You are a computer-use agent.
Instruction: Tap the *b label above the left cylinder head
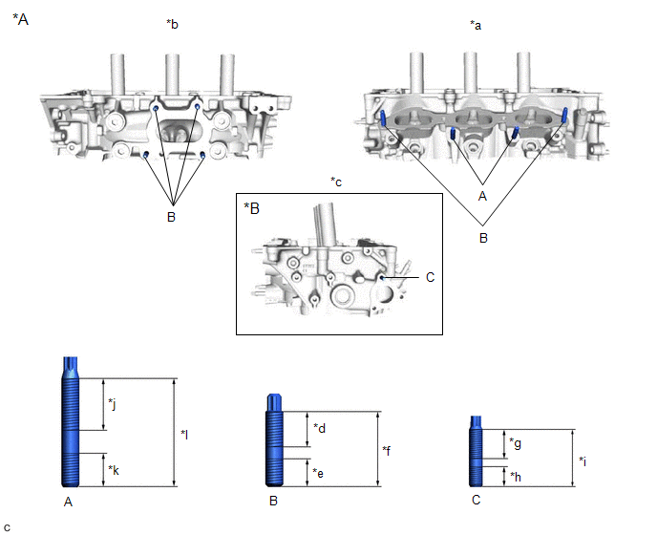point(173,26)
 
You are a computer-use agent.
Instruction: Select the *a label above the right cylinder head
point(476,26)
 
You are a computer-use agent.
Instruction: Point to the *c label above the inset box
point(335,182)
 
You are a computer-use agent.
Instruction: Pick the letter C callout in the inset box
point(430,277)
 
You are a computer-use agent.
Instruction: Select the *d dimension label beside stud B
point(320,428)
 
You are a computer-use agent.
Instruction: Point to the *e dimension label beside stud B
point(320,473)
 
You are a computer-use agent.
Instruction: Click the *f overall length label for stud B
point(387,450)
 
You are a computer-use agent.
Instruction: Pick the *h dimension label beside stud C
point(515,476)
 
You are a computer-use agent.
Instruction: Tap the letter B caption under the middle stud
point(274,500)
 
